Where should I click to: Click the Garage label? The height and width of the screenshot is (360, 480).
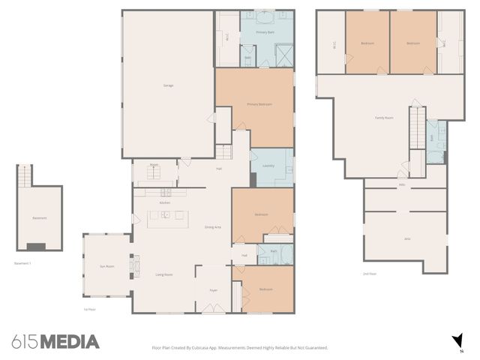pos(168,85)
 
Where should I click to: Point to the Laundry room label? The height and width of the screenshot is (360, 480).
pos(268,166)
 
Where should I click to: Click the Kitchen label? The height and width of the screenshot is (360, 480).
pos(165,203)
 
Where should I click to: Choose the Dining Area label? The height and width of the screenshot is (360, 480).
pos(213,227)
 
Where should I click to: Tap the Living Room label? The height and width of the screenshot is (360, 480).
pos(164,275)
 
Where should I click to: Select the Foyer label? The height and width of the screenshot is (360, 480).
pos(213,289)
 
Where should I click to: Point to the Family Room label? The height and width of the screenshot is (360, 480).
pos(384,118)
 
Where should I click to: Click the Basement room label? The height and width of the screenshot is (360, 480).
pos(40,218)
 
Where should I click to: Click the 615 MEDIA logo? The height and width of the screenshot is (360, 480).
pos(55,342)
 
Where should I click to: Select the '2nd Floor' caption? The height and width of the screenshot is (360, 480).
pos(369,274)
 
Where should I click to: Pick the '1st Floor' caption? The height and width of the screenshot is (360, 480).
pos(91,308)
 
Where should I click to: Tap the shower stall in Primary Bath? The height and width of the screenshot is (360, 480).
pos(283,55)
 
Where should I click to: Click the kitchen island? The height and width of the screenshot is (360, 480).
pos(168,218)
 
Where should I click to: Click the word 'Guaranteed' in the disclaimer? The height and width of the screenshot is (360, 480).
pos(314,348)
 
